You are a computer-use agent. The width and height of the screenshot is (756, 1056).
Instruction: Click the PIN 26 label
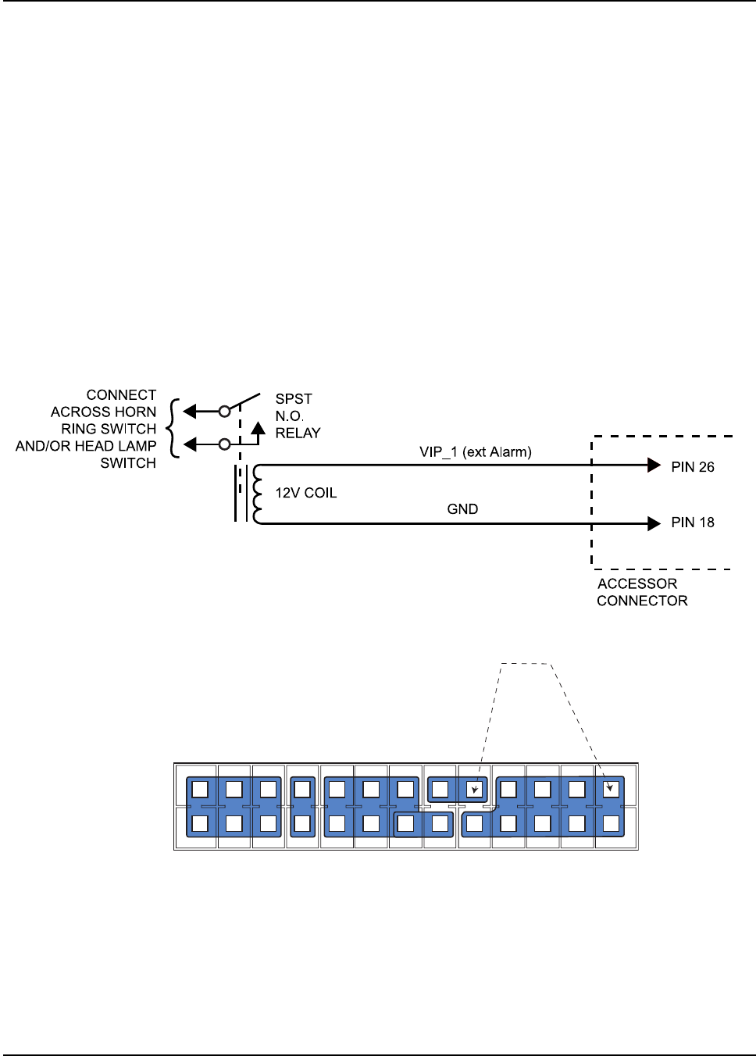(692, 467)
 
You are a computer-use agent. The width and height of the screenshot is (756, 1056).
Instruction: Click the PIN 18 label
(692, 523)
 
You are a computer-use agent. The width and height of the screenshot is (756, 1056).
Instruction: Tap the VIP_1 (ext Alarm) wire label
(475, 452)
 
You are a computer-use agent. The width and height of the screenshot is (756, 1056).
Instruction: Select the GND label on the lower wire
(462, 509)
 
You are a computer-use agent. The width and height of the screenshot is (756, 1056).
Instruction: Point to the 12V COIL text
(305, 493)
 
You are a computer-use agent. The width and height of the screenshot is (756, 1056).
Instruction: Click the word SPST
(294, 399)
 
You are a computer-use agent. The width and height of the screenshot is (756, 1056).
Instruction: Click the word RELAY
(298, 433)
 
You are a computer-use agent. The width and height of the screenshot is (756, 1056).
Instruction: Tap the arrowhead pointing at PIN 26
(654, 466)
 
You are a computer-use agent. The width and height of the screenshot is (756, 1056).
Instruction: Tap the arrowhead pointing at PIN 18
(654, 523)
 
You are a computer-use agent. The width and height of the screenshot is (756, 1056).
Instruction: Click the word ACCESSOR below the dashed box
(637, 584)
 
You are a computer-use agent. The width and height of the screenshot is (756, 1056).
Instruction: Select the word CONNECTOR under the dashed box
(642, 601)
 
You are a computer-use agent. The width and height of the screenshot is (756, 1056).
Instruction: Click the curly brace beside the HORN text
(173, 428)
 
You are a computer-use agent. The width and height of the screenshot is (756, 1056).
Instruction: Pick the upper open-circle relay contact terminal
(224, 411)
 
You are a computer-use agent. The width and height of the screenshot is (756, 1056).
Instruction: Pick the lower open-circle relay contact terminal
(224, 444)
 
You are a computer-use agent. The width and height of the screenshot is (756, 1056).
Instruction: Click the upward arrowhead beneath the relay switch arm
(258, 428)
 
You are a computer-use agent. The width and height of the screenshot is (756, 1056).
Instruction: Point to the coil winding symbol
(256, 494)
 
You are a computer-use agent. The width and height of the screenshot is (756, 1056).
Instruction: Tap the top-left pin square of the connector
(200, 789)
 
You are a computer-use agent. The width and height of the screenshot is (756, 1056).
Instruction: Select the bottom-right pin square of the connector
(612, 823)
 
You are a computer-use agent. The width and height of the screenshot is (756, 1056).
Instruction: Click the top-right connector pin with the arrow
(612, 789)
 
